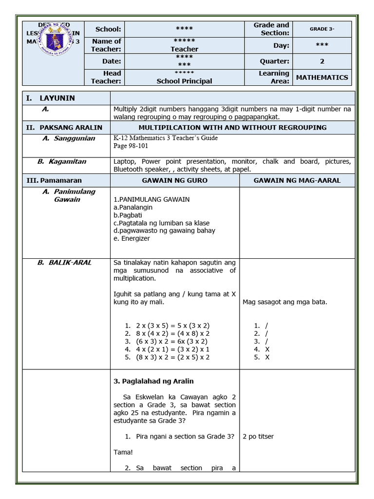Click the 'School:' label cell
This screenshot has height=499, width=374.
click(108, 29)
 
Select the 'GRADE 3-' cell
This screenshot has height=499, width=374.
click(322, 29)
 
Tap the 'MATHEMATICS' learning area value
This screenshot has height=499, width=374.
click(322, 77)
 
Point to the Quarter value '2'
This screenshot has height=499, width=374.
click(322, 61)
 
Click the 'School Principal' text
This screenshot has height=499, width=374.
click(184, 81)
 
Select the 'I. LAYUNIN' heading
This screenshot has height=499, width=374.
click(51, 98)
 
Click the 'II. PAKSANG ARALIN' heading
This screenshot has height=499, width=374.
click(64, 128)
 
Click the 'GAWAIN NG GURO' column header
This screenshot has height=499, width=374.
click(174, 180)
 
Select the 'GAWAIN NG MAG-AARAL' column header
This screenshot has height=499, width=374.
click(297, 180)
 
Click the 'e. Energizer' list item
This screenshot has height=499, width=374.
click(131, 238)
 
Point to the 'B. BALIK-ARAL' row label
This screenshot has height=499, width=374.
click(64, 263)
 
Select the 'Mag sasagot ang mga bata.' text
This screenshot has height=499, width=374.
click(285, 302)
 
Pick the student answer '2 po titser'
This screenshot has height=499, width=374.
click(258, 437)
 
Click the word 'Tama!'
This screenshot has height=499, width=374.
click(123, 452)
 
